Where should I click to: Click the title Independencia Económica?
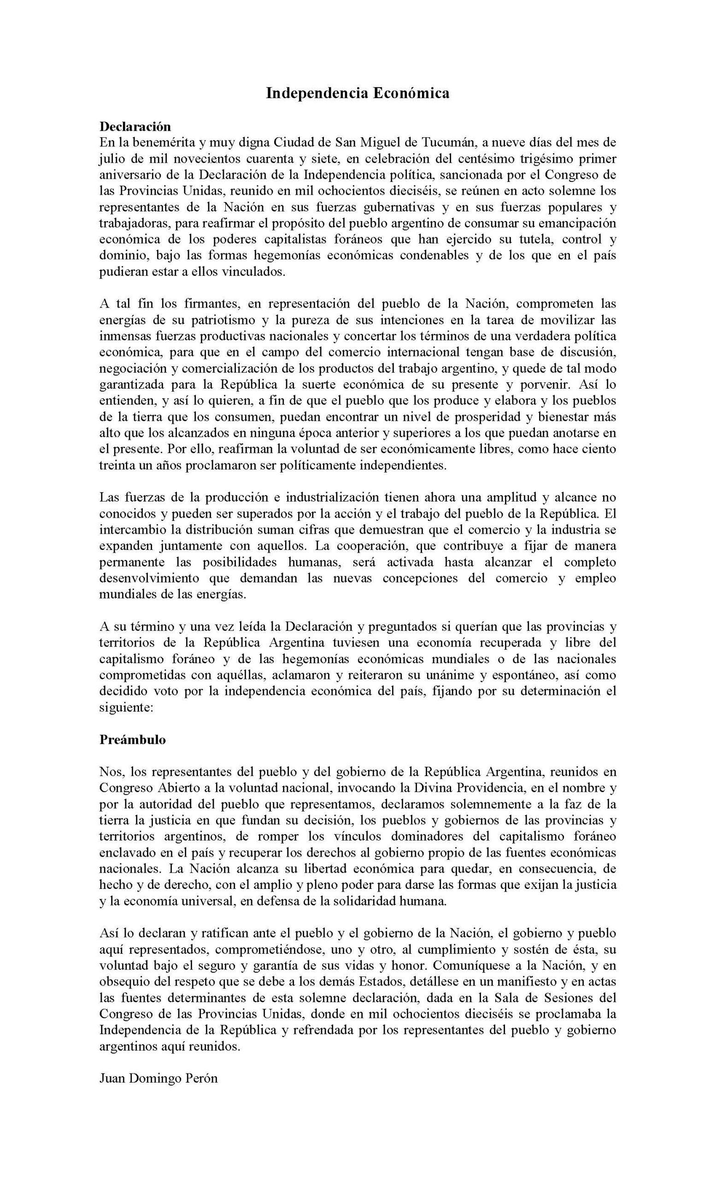pos(358,93)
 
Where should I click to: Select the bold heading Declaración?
pos(135,126)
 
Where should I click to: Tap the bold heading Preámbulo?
pos(133,739)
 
